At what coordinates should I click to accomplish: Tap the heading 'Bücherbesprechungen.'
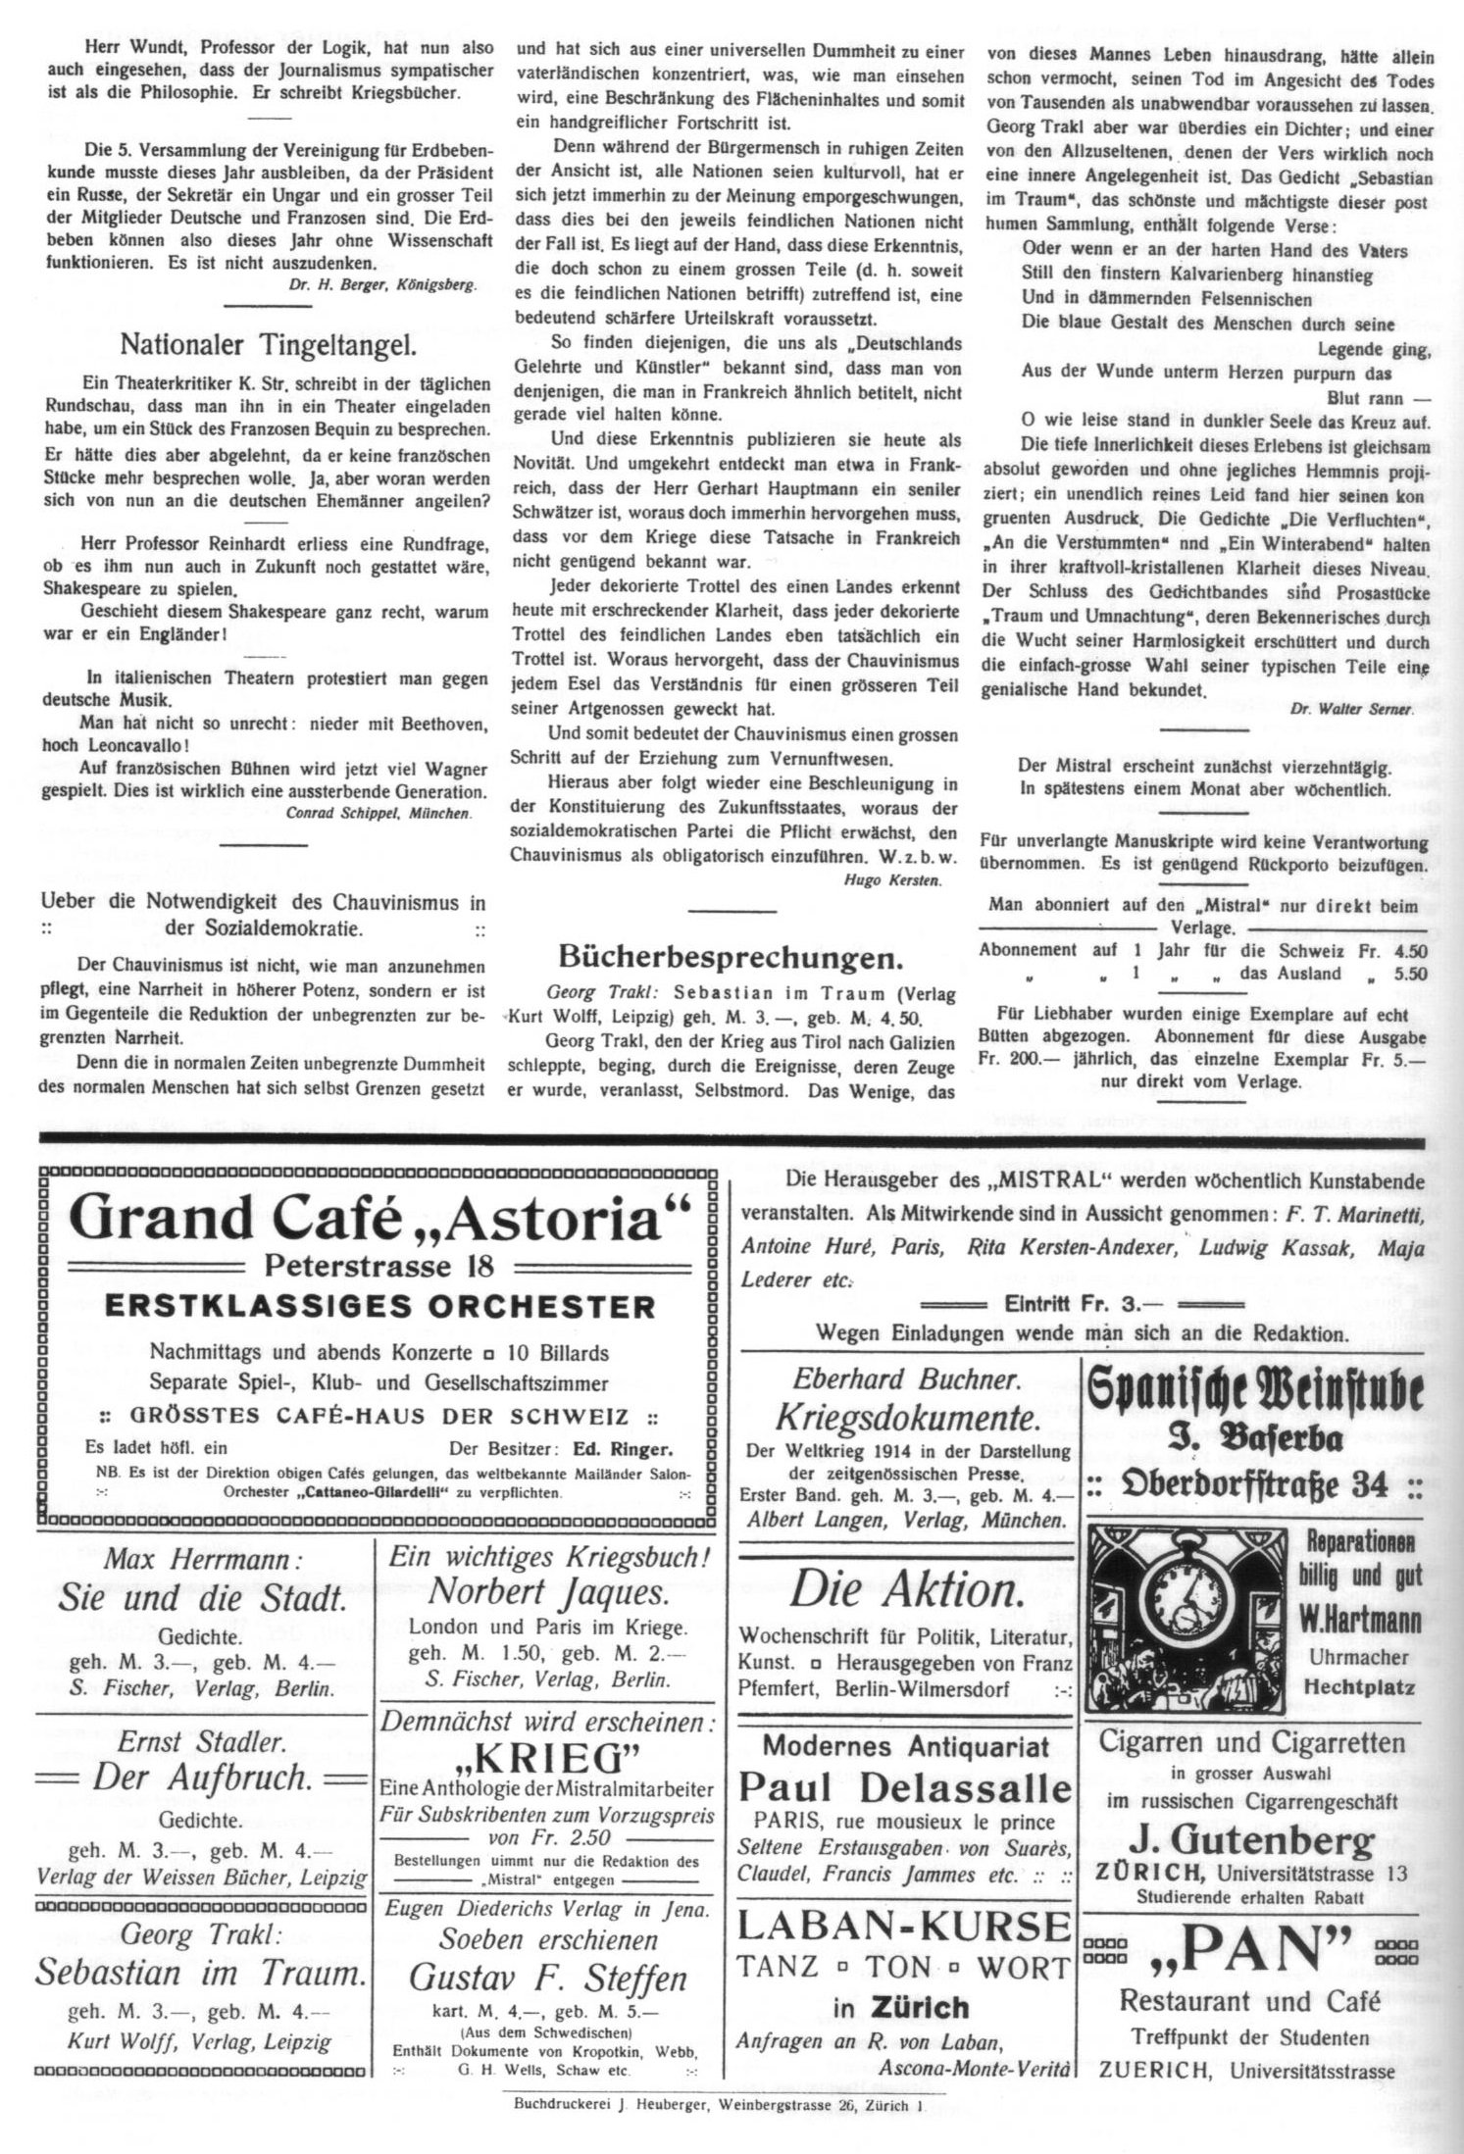(731, 956)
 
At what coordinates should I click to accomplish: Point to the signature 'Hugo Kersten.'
(891, 879)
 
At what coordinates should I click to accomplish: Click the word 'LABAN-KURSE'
(903, 1926)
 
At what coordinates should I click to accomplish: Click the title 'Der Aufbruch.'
(202, 1779)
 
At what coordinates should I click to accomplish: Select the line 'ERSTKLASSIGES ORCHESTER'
(379, 1307)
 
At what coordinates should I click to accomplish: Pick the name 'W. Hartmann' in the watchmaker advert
(1360, 1622)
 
